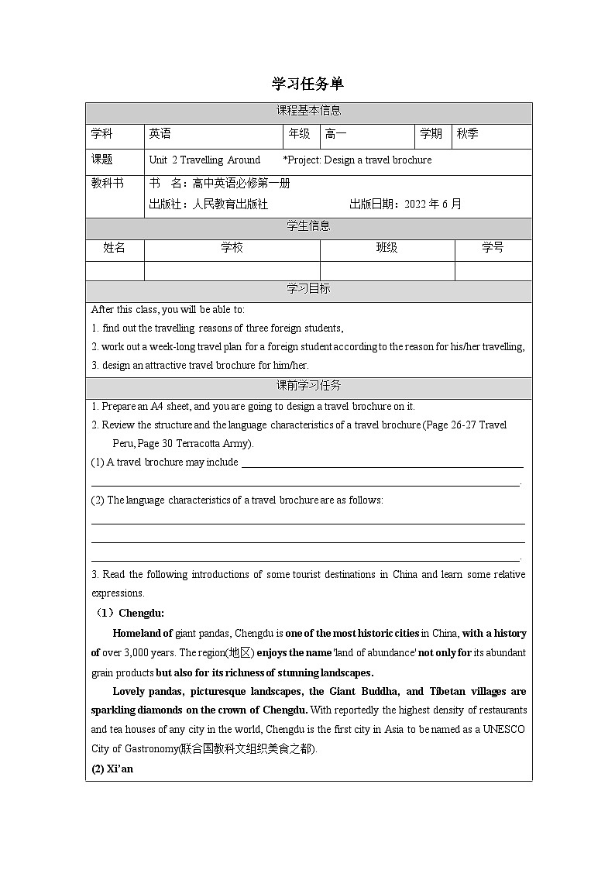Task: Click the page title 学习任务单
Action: [x=307, y=84]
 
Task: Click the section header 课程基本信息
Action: [x=308, y=111]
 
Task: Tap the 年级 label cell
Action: [x=299, y=134]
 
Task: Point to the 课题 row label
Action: [x=102, y=160]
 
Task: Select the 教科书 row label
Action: [x=107, y=184]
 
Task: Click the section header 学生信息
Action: [x=308, y=226]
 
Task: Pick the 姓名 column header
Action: [x=115, y=248]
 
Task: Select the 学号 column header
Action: [x=493, y=248]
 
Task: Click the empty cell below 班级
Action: [x=387, y=270]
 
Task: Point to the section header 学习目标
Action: [x=308, y=289]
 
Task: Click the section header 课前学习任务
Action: [x=308, y=386]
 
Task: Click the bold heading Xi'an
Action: [x=119, y=769]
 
